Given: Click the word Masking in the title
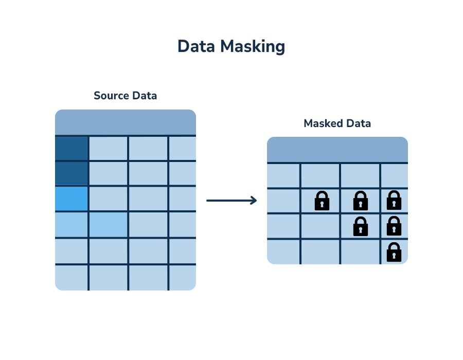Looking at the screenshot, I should pos(253,47).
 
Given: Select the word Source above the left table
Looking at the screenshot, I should pos(110,96).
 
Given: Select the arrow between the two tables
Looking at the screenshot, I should pos(231,201).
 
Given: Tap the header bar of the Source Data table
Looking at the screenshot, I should pos(126,122).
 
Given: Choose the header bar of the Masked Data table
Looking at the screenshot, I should pos(337,150).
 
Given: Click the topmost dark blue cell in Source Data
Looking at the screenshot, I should pos(72,148).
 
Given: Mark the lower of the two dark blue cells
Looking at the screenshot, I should pos(72,173).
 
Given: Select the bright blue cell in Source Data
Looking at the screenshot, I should pos(72,199).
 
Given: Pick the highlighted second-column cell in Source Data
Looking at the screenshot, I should pos(108,224).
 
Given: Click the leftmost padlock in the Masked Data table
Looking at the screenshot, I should pos(322,201).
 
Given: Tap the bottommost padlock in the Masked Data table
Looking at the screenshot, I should pos(394,251).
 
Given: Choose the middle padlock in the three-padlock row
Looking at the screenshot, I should pos(361,201).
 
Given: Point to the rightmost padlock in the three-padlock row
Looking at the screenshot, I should pos(394,201).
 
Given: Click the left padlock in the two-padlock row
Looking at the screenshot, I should pos(361,226).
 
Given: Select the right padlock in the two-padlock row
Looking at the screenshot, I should pos(394,226).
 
